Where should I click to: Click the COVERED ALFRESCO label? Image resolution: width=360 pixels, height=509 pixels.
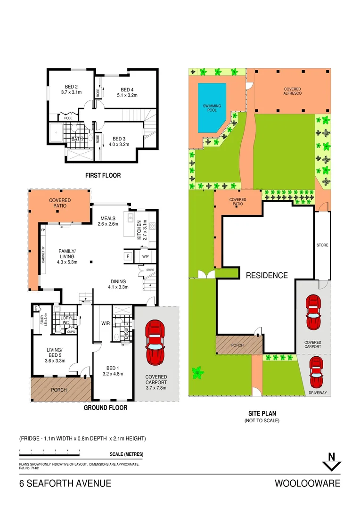[x=292, y=91]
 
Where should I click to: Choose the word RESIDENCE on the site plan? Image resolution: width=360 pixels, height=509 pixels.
[x=267, y=275]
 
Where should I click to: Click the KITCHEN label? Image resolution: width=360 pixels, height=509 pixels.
[x=139, y=230]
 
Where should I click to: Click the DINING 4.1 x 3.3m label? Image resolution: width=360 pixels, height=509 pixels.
[x=118, y=283]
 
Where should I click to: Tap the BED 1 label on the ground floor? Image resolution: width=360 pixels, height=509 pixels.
[x=112, y=370]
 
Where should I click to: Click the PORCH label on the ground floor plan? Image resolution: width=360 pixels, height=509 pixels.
[x=59, y=390]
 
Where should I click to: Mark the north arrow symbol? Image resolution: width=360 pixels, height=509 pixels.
[x=331, y=462]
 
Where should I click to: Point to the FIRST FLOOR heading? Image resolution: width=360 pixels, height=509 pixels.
[x=103, y=175]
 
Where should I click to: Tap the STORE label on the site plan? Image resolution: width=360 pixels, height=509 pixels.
[x=322, y=245]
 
